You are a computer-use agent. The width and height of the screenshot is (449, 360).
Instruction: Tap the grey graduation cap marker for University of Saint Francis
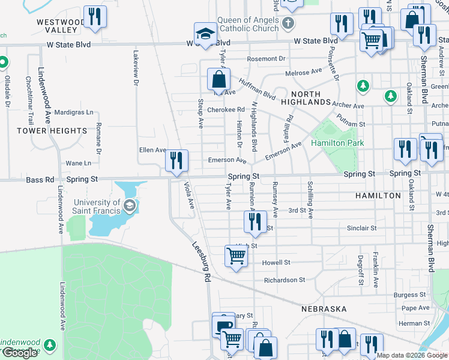click(128, 206)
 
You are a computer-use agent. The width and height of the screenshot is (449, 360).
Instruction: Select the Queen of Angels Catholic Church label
click(249, 24)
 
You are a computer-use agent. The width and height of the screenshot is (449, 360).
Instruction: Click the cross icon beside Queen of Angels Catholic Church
click(288, 24)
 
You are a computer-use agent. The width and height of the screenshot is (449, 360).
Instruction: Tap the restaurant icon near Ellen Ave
click(176, 160)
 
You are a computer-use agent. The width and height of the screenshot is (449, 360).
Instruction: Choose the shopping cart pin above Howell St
click(236, 256)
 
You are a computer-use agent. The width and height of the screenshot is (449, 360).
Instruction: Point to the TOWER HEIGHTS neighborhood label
click(52, 131)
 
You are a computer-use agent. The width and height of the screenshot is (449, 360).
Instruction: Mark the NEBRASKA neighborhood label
click(324, 308)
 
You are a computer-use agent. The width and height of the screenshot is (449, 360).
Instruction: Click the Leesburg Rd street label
click(202, 262)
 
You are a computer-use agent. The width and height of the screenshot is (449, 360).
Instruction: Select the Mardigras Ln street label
click(74, 112)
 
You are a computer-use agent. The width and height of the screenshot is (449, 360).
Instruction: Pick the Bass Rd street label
click(37, 179)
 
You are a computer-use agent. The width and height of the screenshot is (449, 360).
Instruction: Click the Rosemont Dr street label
click(265, 59)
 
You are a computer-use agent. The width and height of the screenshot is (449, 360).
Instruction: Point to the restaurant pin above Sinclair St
click(255, 221)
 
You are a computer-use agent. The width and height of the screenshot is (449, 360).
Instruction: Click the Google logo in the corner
click(19, 353)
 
